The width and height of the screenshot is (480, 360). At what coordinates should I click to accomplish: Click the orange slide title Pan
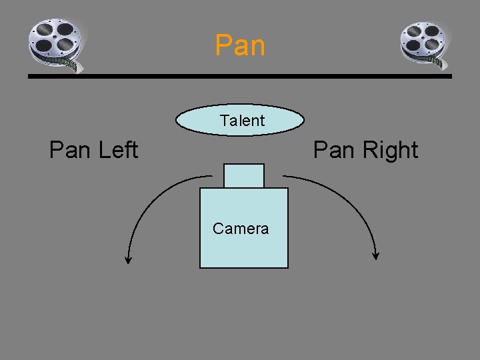pyautogui.click(x=240, y=45)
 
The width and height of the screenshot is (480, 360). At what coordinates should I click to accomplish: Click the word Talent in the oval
pyautogui.click(x=242, y=121)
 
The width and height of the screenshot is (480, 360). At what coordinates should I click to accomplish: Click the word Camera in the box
pyautogui.click(x=241, y=229)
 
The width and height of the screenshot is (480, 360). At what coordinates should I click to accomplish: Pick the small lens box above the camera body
pyautogui.click(x=244, y=175)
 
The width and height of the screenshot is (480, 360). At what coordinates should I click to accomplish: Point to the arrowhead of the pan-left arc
pyautogui.click(x=129, y=260)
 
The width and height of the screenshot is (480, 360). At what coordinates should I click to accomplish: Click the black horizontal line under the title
pyautogui.click(x=240, y=77)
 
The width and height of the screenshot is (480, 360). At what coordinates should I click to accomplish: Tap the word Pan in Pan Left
pyautogui.click(x=70, y=150)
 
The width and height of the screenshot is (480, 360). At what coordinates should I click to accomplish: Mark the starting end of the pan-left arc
pyautogui.click(x=210, y=176)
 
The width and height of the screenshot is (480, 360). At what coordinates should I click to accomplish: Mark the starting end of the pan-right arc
pyautogui.click(x=284, y=176)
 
